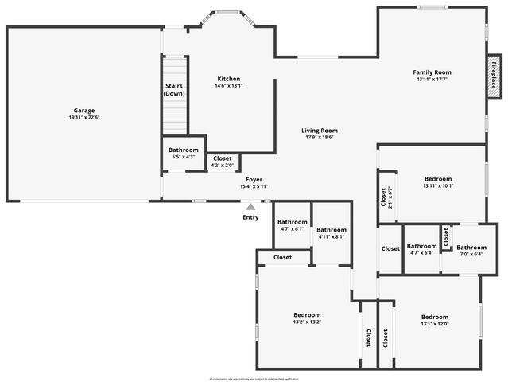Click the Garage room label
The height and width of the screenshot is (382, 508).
click(x=83, y=111)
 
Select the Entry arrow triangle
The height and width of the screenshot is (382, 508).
click(x=250, y=207)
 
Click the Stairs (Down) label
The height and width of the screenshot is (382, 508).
click(x=175, y=89)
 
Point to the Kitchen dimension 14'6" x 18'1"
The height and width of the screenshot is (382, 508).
click(x=229, y=86)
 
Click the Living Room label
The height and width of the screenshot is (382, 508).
click(x=319, y=131)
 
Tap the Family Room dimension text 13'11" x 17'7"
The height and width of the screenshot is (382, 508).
click(x=432, y=79)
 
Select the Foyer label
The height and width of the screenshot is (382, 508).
click(x=254, y=180)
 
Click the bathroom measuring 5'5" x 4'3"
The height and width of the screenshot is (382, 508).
click(x=184, y=153)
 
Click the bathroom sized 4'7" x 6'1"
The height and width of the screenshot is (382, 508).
click(x=292, y=225)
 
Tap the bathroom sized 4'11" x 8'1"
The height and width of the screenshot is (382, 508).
click(x=332, y=233)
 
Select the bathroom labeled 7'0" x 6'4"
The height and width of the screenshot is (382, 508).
click(x=471, y=251)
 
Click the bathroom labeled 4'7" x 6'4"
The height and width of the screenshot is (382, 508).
click(x=421, y=250)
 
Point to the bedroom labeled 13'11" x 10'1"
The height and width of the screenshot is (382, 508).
click(x=438, y=183)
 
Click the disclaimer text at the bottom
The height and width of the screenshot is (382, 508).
click(x=254, y=378)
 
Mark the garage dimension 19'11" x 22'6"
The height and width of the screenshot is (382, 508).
click(x=83, y=118)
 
